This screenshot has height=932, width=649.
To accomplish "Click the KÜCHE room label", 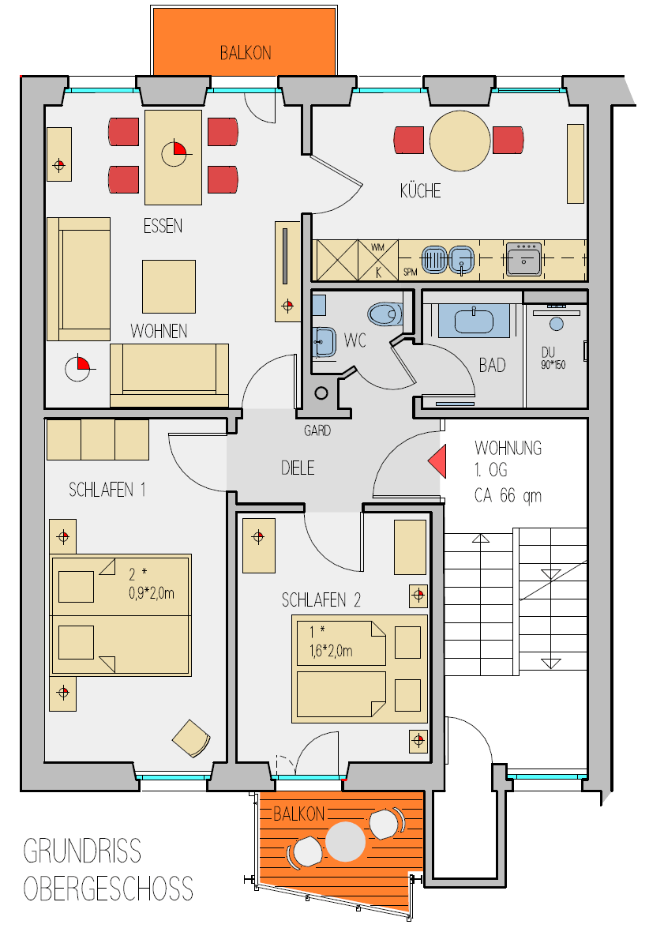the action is (420, 190).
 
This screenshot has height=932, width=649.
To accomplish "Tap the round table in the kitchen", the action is (460, 141).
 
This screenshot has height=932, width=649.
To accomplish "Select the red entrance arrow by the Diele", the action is (437, 461).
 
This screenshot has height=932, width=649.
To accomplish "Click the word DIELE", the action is (297, 468).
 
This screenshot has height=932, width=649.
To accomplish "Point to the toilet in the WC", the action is (385, 314).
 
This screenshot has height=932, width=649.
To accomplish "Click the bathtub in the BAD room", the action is (474, 321).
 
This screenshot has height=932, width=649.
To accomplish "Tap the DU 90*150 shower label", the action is (553, 359).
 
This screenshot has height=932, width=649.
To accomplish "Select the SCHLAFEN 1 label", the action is (107, 490).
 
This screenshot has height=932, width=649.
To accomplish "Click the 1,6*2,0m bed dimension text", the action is (331, 652).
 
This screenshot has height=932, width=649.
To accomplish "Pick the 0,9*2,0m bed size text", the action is (152, 593).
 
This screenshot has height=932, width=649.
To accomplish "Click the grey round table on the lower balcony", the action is (345, 841).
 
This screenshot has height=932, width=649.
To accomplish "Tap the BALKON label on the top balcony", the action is (246, 54).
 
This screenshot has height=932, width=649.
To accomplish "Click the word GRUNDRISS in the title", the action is (82, 851).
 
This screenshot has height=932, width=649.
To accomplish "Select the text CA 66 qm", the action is (508, 495).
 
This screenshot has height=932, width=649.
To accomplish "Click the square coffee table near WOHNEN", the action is (169, 287).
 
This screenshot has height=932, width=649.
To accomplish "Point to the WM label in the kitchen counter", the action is (377, 247).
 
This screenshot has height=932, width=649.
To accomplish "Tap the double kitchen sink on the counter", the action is (448, 260).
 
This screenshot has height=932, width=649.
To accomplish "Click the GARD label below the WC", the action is (317, 430).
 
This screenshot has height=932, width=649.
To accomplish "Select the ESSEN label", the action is (163, 226).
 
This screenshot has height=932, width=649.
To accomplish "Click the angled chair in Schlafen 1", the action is (191, 738).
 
